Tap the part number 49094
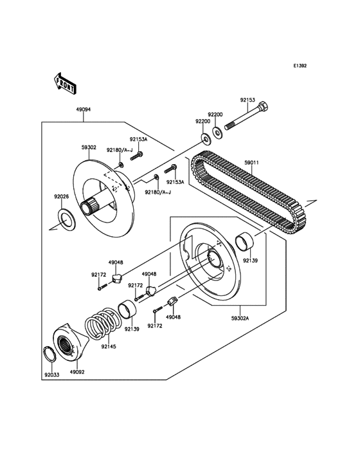(x=83, y=109)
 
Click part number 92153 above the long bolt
(x=248, y=100)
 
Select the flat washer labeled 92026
(x=66, y=218)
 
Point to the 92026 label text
(x=61, y=197)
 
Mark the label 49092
(x=77, y=372)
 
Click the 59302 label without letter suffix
(x=89, y=147)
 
